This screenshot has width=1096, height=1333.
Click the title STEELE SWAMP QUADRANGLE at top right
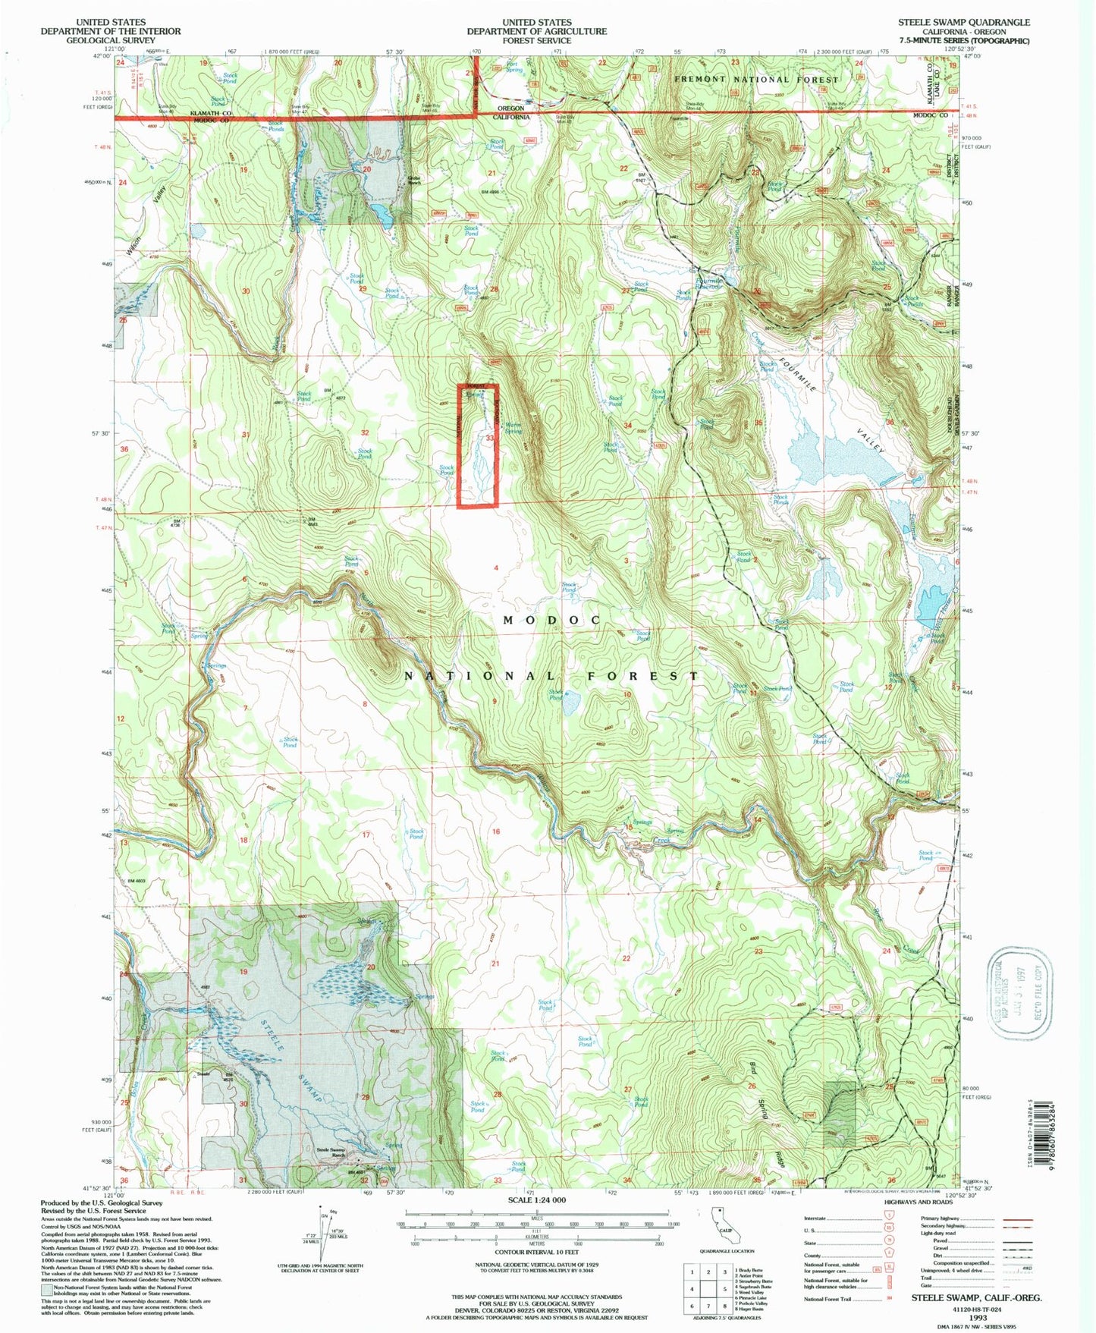964,22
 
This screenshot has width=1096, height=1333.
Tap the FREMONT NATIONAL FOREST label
757,79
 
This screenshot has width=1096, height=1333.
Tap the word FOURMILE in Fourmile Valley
796,373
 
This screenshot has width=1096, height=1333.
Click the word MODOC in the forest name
552,620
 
